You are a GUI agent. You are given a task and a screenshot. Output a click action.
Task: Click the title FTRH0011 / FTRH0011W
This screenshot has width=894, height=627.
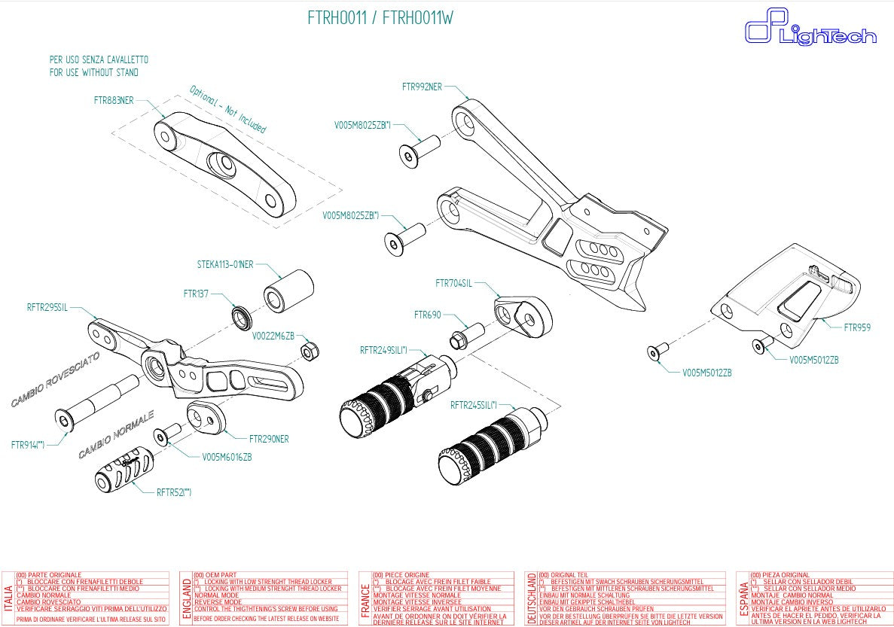coord(380,18)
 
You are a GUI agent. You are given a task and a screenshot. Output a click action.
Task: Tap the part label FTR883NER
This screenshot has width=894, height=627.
coord(114,99)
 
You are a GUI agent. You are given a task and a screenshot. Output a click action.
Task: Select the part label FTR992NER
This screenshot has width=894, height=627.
coord(423,87)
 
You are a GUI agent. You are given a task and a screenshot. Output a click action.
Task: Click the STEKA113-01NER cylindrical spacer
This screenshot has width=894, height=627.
coord(288,290)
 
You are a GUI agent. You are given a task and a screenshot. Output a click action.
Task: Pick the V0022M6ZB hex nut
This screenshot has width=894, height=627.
coord(307,351)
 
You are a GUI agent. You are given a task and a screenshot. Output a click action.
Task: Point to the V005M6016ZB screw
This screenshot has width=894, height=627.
coord(166,436)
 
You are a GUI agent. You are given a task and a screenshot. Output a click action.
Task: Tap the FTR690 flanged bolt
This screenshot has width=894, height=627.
coord(468,335)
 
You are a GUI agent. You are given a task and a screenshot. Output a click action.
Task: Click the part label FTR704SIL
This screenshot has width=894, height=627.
coord(453,283)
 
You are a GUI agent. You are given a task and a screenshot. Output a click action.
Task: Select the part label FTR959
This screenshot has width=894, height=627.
coord(857,327)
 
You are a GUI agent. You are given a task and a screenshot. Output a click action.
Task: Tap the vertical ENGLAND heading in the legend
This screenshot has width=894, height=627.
coord(186,598)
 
